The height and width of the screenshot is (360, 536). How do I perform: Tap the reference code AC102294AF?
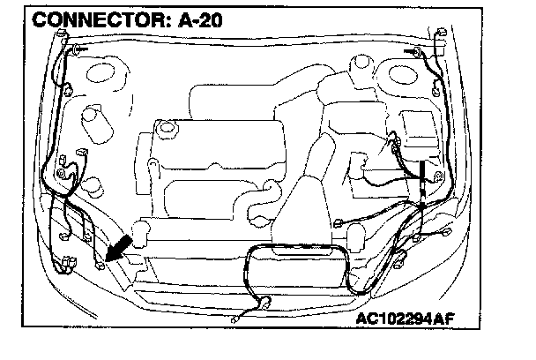click(x=412, y=318)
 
